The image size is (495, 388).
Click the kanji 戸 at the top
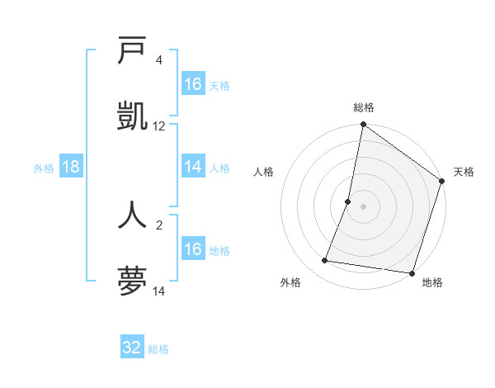(132, 50)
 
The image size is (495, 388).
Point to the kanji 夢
(132, 282)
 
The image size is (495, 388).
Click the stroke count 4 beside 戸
(158, 60)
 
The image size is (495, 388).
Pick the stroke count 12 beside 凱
(159, 126)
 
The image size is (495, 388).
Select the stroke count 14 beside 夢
(159, 291)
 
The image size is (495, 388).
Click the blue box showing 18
(71, 167)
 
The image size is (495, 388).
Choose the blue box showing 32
(132, 348)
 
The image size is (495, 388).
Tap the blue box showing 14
(193, 167)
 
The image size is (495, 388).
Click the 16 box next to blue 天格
(193, 84)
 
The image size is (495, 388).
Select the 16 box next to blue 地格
(193, 249)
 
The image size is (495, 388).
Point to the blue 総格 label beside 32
(158, 349)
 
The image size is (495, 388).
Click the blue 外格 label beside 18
(44, 168)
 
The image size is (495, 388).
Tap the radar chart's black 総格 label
(363, 108)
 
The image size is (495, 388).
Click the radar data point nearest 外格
(325, 261)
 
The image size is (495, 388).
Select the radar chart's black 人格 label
(264, 172)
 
